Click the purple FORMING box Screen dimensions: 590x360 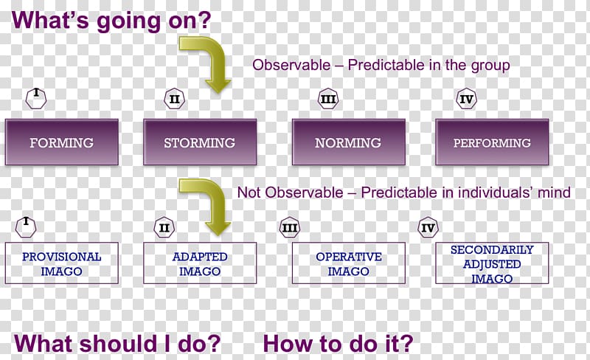coord(62,142)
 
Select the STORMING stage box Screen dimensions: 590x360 coord(200,142)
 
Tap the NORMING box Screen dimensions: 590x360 coord(348,142)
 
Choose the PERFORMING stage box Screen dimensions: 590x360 coord(492,142)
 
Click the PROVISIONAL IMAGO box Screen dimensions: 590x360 coord(62,263)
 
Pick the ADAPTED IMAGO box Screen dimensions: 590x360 coord(200,263)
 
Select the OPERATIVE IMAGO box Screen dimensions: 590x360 coord(348,263)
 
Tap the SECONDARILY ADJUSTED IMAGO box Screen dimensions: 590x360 coord(492,263)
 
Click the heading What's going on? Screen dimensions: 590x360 coord(111,21)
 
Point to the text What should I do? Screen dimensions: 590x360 coord(117,344)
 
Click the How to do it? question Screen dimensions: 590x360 coord(338,344)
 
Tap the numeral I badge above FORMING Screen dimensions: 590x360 coord(36,99)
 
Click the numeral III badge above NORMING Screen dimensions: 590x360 coord(328,99)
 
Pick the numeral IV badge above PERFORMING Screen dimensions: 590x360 coord(466,99)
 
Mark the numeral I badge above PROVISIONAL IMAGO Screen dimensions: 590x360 coord(26,227)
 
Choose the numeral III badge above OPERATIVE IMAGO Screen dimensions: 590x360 coord(290,227)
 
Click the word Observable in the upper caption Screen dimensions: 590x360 coord(291,65)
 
